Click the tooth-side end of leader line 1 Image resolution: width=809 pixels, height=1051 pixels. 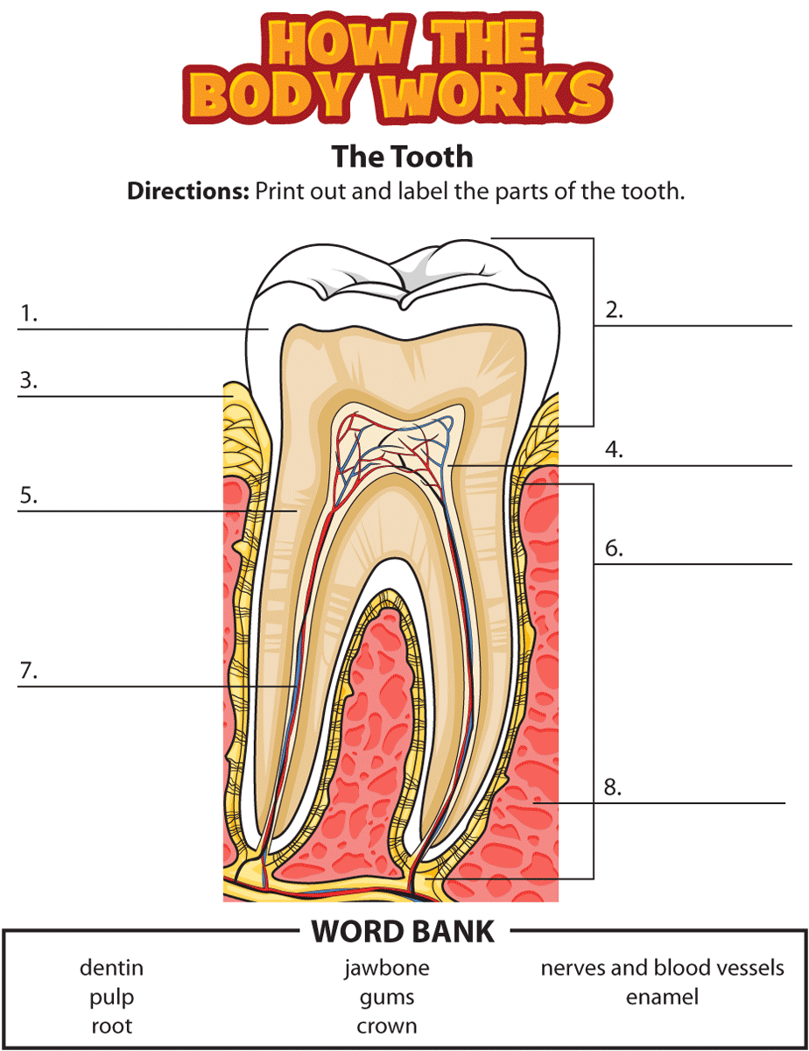pos(268,329)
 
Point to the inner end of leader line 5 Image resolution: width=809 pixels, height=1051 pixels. pos(296,511)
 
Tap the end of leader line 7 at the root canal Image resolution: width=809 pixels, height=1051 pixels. pos(296,686)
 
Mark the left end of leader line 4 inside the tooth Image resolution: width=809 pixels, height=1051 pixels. pos(447,466)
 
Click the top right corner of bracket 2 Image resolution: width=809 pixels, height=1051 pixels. pos(594,238)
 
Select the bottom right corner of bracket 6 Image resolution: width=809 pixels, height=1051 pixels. pos(594,878)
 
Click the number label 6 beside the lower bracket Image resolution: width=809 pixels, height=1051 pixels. pos(614,548)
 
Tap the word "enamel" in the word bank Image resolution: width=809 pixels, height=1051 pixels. pos(662,997)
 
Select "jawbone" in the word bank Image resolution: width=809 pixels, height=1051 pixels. pos(387,968)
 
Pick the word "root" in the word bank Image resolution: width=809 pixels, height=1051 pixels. pos(112,1026)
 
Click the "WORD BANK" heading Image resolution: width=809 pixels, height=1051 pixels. pos(403,931)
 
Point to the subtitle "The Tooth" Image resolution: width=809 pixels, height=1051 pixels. pos(402,157)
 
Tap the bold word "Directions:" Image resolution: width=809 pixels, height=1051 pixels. pos(188,192)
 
